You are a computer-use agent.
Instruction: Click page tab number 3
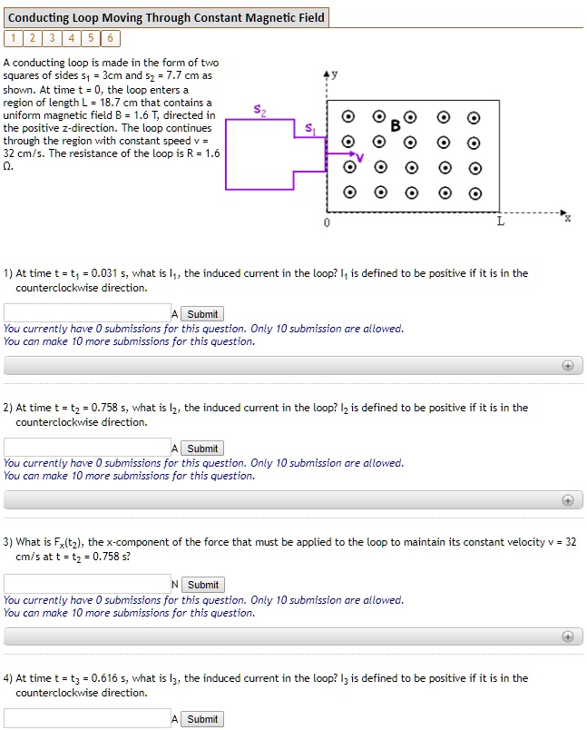tap(51, 38)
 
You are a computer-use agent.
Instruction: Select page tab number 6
tap(109, 38)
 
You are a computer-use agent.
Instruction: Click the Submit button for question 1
tap(202, 314)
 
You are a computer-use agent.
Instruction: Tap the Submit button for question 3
tap(202, 585)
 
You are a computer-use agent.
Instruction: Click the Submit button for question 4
tap(202, 719)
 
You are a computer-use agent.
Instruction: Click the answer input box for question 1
tap(86, 313)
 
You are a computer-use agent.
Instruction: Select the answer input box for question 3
tap(86, 584)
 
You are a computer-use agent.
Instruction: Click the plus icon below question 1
tap(568, 366)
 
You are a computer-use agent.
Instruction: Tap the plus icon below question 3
tap(568, 636)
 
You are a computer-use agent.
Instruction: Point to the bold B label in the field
tap(395, 126)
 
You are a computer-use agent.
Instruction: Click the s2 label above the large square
tap(260, 111)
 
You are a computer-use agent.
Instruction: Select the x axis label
tap(567, 218)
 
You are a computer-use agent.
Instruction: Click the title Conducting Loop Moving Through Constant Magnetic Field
tap(166, 17)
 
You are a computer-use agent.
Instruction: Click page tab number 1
tap(13, 38)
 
